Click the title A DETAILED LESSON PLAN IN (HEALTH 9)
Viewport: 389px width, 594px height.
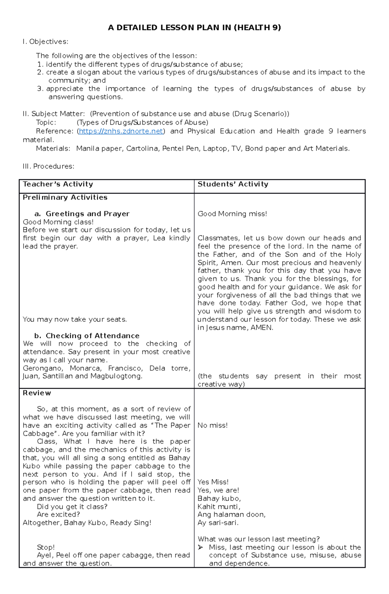click(x=194, y=28)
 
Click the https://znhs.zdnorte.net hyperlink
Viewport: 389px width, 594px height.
click(x=121, y=131)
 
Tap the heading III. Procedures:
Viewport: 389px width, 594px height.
click(x=48, y=166)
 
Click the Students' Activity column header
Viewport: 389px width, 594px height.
click(x=233, y=184)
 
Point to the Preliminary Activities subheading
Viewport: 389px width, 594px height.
click(x=65, y=197)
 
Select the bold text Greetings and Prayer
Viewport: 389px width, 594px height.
click(x=88, y=214)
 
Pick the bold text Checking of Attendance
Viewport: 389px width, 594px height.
click(x=92, y=336)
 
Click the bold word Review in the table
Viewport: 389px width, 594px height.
click(x=37, y=393)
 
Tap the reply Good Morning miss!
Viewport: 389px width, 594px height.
click(x=232, y=214)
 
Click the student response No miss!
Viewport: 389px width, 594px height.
click(x=212, y=425)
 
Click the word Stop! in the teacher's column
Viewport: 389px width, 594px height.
click(x=46, y=547)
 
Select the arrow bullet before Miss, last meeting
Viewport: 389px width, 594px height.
click(x=201, y=547)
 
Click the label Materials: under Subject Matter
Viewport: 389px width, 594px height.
click(x=53, y=149)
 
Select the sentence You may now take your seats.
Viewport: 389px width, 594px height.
click(x=75, y=319)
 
